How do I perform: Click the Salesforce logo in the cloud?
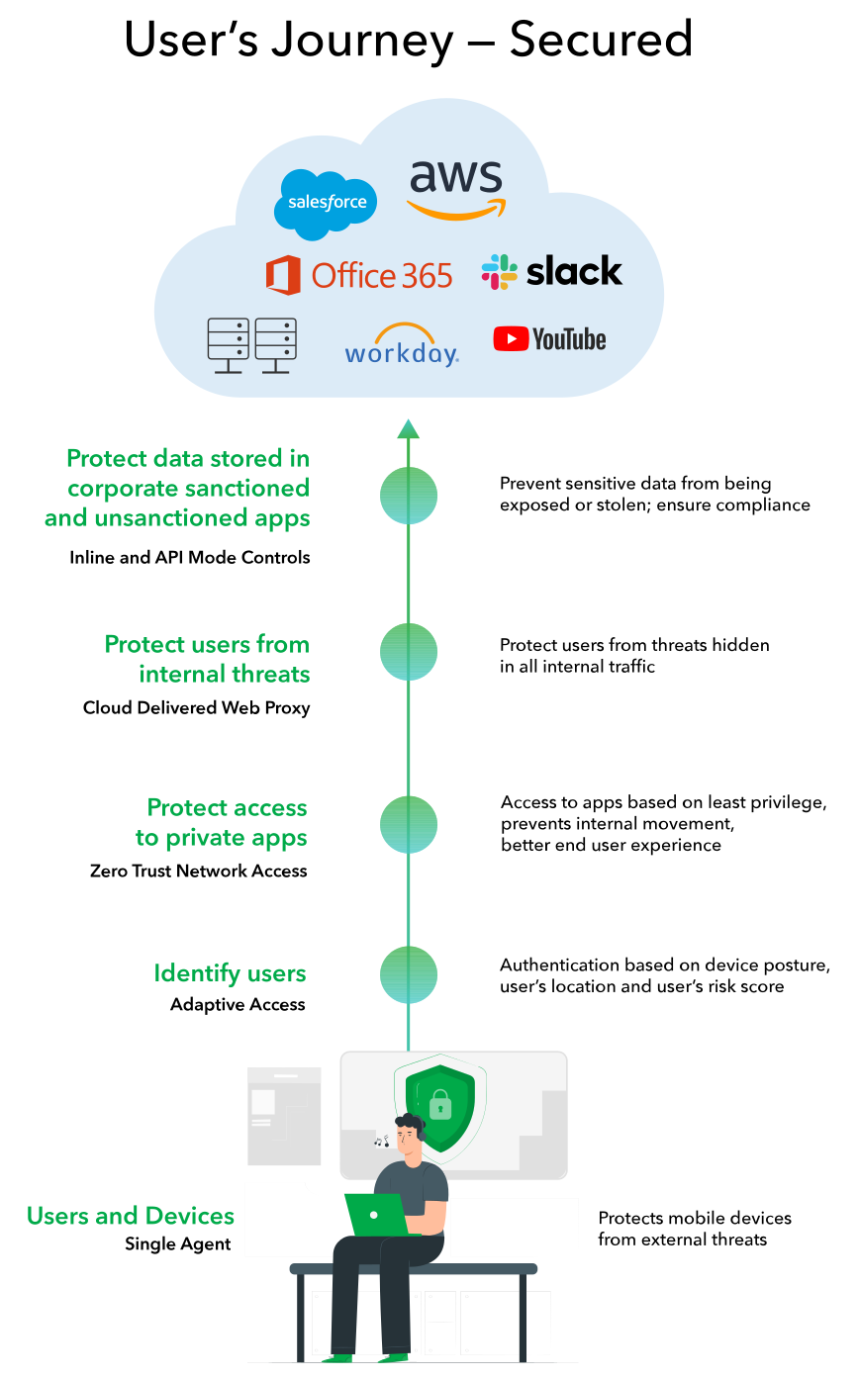[x=327, y=204]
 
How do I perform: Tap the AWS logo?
[x=455, y=189]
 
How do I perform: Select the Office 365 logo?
[x=359, y=275]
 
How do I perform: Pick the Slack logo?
[x=551, y=271]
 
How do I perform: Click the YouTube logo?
[x=549, y=339]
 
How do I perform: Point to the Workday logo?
[x=402, y=345]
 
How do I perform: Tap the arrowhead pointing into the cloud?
[x=408, y=428]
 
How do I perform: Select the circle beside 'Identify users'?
[x=409, y=974]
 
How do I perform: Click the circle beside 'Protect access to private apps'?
[x=409, y=824]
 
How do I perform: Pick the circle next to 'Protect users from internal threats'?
[x=409, y=651]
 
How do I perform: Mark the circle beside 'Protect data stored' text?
[x=409, y=495]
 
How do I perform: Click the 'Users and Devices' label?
[x=131, y=1216]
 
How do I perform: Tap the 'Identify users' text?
[x=230, y=973]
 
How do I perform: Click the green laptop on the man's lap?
[x=377, y=1215]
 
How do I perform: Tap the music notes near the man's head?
[x=381, y=1141]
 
